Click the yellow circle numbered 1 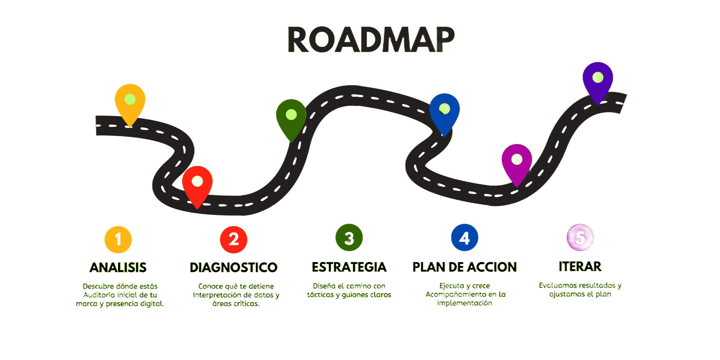[x=118, y=239]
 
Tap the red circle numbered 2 [x=234, y=239]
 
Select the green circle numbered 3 [x=349, y=238]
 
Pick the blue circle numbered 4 [x=465, y=238]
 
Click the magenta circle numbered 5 [x=580, y=237]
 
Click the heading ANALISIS [x=118, y=267]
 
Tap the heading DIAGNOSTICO [x=234, y=267]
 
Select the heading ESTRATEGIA [x=349, y=267]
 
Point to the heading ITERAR [x=580, y=266]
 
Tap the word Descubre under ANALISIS [x=98, y=286]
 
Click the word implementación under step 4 [x=465, y=303]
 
